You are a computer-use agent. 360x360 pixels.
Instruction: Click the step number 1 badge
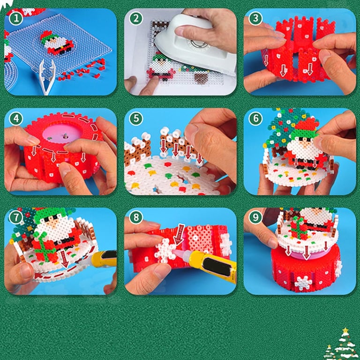click(x=16, y=18)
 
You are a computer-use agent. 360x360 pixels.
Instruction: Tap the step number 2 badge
click(x=136, y=18)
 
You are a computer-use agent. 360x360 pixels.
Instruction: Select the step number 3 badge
click(x=255, y=18)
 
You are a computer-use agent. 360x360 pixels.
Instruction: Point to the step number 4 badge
click(x=16, y=119)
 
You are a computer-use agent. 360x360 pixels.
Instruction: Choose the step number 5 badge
click(x=136, y=119)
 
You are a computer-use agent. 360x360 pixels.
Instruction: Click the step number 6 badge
click(x=255, y=119)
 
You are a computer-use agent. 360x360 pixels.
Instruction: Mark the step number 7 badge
click(x=16, y=217)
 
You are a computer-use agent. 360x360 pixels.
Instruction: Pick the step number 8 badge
click(x=136, y=217)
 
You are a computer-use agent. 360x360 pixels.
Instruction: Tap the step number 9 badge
click(x=255, y=217)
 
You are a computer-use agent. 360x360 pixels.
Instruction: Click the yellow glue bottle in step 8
click(x=211, y=264)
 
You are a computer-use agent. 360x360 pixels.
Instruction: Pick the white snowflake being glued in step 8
click(x=165, y=251)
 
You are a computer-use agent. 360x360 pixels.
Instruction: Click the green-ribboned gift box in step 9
click(x=299, y=228)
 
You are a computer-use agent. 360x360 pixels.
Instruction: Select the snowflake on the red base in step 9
click(x=304, y=283)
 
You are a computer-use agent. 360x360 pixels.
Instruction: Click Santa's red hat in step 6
click(x=307, y=125)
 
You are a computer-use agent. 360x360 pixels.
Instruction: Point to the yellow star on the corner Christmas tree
click(x=345, y=331)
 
